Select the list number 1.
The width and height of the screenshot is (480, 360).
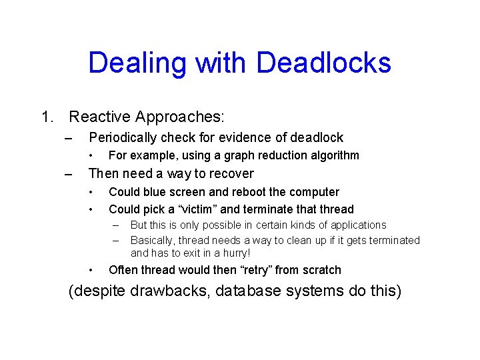[45, 117]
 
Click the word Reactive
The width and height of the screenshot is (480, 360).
[99, 117]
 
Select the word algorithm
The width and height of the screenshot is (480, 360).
[333, 155]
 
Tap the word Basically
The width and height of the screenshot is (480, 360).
[154, 240]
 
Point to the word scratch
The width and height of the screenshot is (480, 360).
[322, 270]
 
